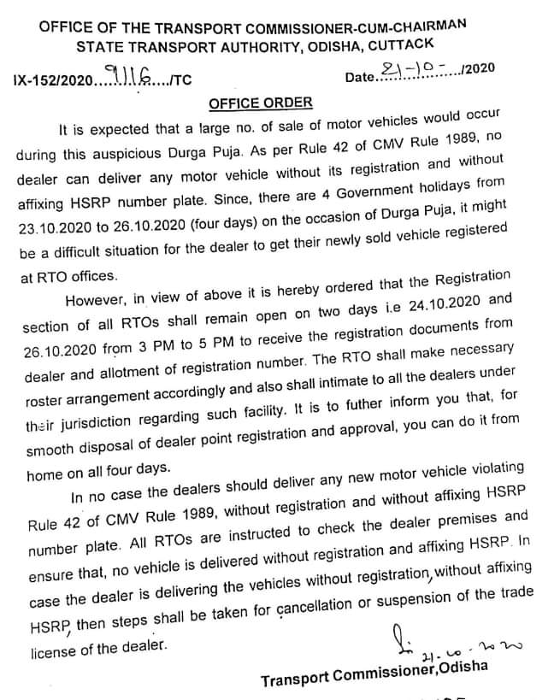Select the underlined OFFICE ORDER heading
261,103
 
